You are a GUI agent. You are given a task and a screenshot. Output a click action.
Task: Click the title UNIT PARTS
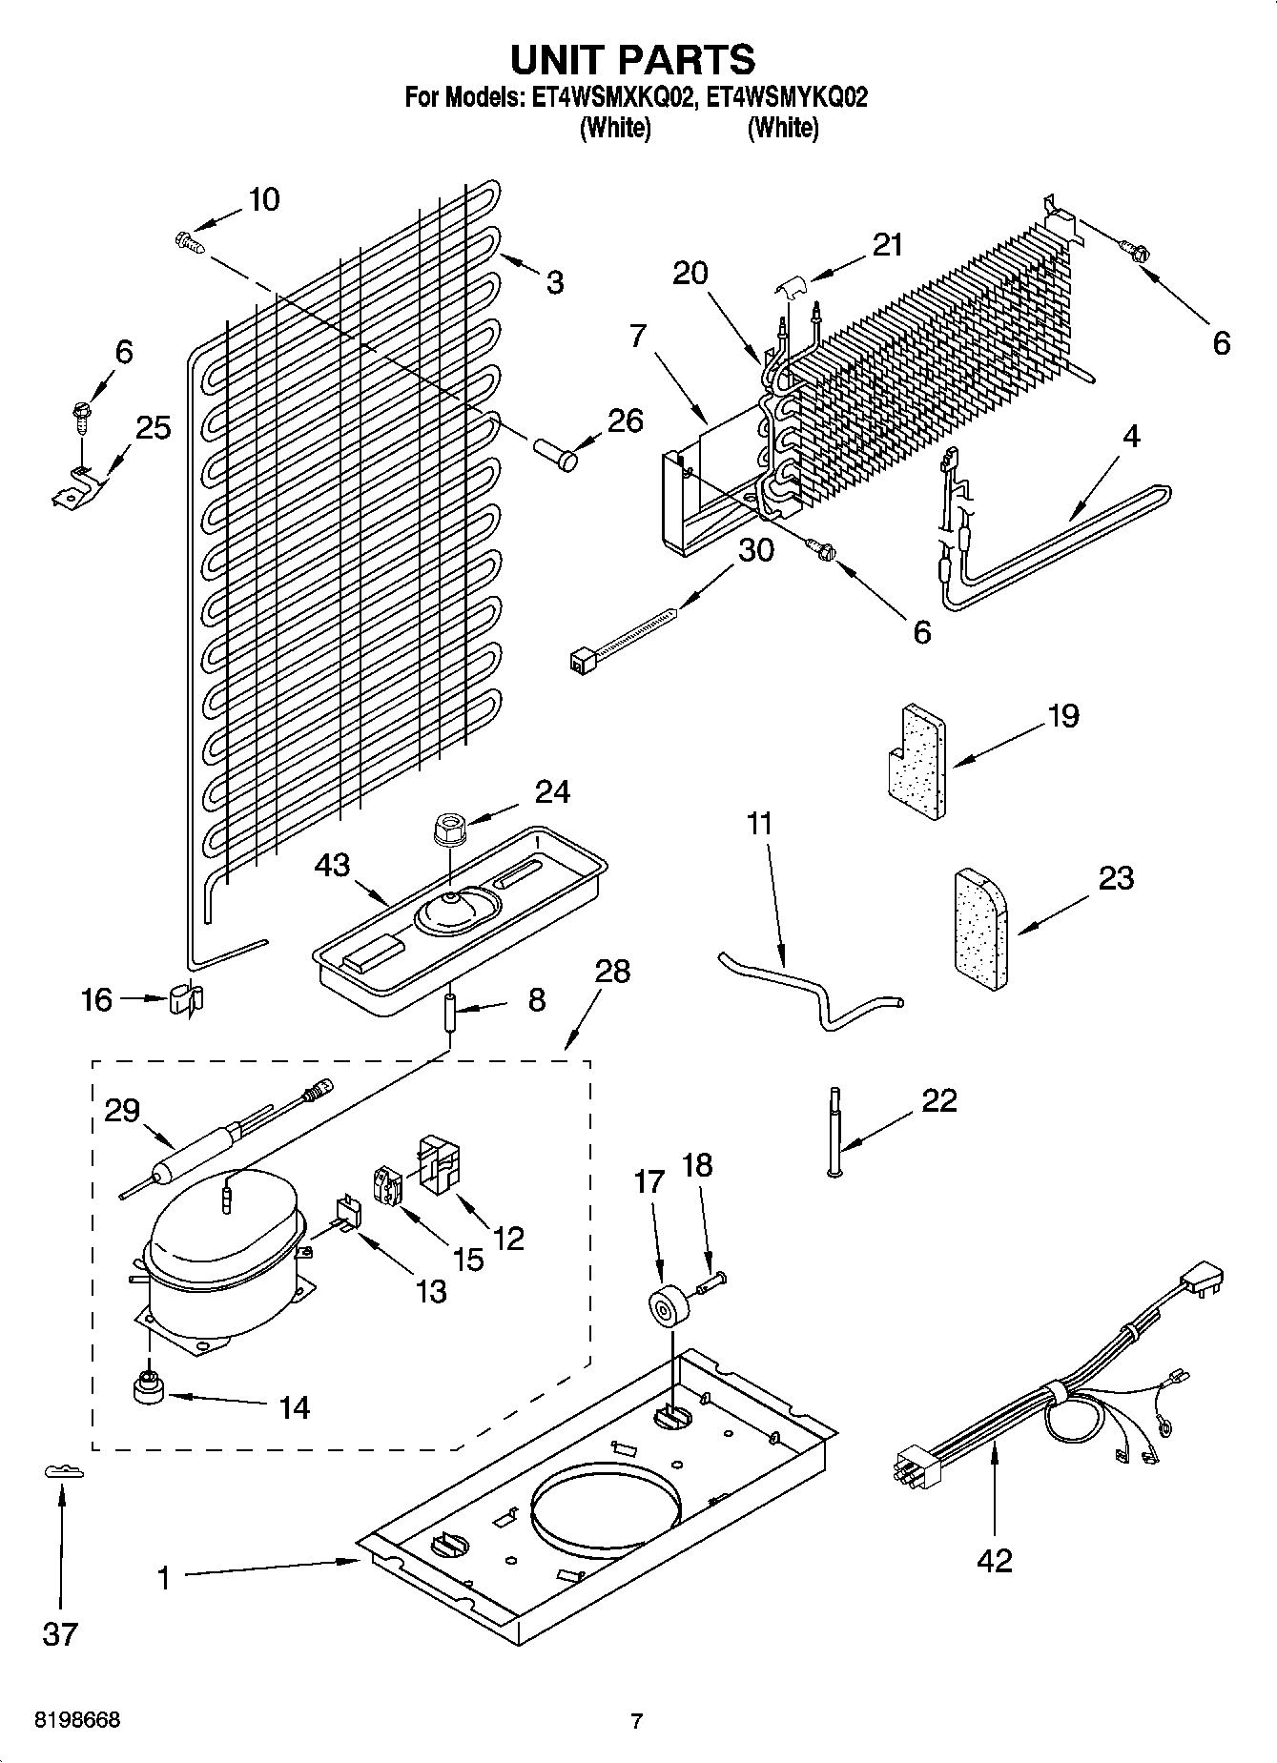tap(633, 59)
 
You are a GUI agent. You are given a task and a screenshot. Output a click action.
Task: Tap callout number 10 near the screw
tap(264, 199)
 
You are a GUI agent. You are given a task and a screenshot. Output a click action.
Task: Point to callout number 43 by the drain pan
tap(333, 866)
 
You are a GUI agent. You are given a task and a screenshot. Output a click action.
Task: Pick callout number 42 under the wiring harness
tap(994, 1560)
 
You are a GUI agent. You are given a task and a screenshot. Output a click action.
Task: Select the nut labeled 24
tap(449, 827)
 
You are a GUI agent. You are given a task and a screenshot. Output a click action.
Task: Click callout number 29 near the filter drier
tap(123, 1110)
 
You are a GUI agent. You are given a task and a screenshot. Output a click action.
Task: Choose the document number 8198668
tap(78, 1720)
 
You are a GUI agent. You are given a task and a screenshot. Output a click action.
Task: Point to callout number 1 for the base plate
tap(163, 1578)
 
